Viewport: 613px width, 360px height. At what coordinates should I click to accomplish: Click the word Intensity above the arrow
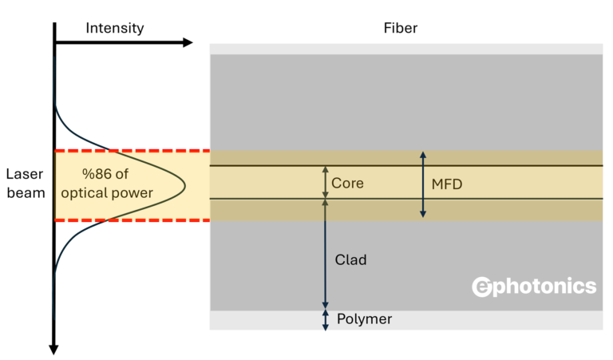(x=115, y=28)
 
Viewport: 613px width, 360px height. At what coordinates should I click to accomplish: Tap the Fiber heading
(x=400, y=28)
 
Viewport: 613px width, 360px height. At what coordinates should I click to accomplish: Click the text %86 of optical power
(x=117, y=184)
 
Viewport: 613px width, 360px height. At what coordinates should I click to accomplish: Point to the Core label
(x=347, y=183)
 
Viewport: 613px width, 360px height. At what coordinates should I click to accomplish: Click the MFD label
(x=447, y=184)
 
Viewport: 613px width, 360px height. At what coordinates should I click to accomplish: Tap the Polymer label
(x=363, y=319)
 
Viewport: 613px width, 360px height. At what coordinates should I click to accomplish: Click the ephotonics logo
(x=534, y=287)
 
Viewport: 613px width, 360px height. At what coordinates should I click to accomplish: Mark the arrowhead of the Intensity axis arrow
(x=188, y=42)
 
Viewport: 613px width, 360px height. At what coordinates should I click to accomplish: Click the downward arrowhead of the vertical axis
(x=53, y=348)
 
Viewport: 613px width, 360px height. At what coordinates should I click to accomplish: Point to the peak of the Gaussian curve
(x=184, y=185)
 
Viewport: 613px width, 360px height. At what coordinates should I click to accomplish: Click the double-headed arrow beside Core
(x=325, y=183)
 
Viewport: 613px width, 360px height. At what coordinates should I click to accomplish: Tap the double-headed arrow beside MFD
(x=423, y=184)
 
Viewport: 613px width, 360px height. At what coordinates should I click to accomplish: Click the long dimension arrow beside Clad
(x=325, y=254)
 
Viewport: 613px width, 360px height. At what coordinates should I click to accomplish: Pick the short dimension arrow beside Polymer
(x=325, y=319)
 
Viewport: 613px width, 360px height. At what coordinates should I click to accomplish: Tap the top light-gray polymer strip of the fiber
(x=406, y=49)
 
